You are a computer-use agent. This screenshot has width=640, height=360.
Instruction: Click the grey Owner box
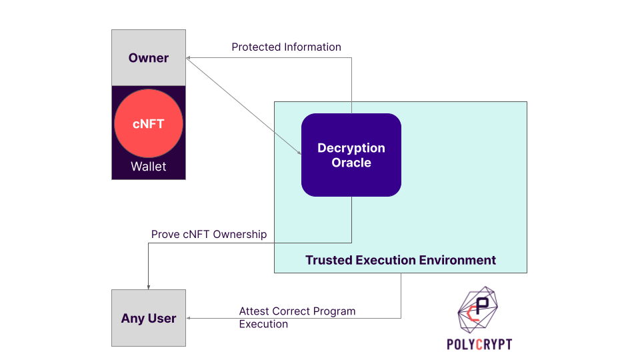(x=148, y=58)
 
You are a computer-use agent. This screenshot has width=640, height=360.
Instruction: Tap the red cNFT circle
(x=148, y=123)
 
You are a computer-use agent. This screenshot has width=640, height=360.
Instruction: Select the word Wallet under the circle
(x=148, y=167)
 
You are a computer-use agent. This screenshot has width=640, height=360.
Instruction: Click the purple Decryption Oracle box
(x=351, y=155)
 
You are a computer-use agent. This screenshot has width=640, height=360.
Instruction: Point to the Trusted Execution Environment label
(x=400, y=260)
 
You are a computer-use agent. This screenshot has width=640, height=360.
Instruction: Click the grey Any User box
(x=148, y=318)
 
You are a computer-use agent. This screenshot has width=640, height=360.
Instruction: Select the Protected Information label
(x=286, y=47)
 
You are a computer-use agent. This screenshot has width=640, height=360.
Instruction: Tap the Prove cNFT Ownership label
(x=209, y=234)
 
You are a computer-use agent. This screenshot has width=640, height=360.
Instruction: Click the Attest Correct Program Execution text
(x=297, y=317)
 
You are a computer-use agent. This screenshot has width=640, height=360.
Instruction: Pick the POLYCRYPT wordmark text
(x=479, y=344)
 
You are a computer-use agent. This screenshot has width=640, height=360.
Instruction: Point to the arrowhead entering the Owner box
(x=189, y=59)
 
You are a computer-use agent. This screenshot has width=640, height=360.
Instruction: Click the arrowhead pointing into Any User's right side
(x=189, y=318)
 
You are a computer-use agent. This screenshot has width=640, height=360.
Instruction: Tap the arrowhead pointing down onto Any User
(x=148, y=286)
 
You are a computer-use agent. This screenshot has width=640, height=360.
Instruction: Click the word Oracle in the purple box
(x=351, y=162)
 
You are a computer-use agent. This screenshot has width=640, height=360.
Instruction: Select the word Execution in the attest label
(x=263, y=324)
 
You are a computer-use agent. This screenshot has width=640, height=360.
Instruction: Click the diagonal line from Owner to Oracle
(x=243, y=105)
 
